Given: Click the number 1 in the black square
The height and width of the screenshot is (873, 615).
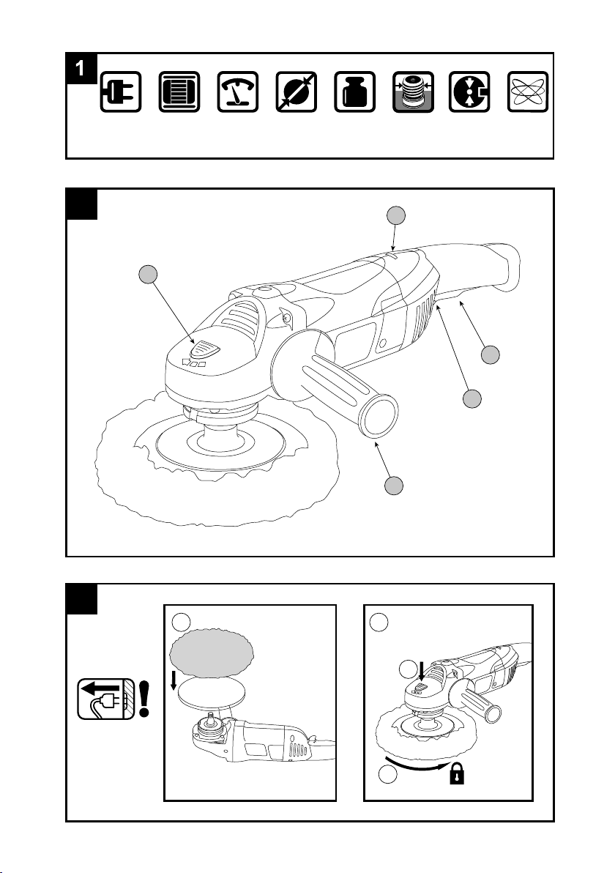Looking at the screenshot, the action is coord(81,69).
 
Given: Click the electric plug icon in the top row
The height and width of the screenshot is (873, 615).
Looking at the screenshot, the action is coord(121,92).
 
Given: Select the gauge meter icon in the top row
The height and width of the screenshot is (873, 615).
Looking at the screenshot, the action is coord(238,92).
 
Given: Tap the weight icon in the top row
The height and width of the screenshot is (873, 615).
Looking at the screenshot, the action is coord(354,92).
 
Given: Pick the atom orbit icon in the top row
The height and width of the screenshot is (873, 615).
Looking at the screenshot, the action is coord(528,92).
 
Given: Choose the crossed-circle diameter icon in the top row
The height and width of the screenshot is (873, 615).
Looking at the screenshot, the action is coord(297,92).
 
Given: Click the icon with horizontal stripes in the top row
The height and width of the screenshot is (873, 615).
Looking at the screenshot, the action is coord(179,92).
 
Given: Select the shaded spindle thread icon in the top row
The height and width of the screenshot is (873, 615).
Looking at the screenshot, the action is coord(413,92).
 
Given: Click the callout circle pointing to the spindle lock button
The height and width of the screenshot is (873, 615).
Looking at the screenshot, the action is coord(147,275).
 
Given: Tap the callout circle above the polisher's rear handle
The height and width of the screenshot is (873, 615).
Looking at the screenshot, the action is coord(395,215).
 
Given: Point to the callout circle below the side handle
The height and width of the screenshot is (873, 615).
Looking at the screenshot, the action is coord(394,485).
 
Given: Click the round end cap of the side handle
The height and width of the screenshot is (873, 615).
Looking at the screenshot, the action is coord(379,415).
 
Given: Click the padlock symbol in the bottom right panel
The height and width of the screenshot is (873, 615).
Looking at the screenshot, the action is coord(457,773).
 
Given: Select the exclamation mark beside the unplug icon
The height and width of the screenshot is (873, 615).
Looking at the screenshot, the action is coord(145,699).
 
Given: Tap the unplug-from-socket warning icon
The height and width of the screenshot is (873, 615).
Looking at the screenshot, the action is coord(105,699).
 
